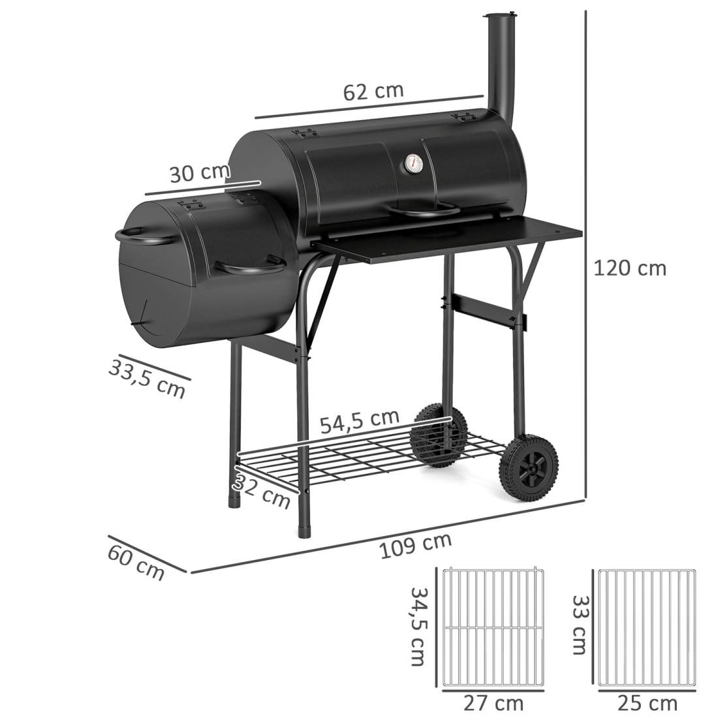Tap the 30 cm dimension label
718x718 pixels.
click(x=200, y=174)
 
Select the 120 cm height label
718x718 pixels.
click(x=629, y=268)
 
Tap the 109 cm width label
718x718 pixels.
click(x=415, y=546)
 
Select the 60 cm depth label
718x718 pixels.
click(x=136, y=561)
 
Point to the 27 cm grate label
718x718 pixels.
click(x=493, y=703)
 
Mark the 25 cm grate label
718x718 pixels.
click(x=647, y=703)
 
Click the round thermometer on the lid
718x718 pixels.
click(x=413, y=163)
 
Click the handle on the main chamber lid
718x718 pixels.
click(x=418, y=211)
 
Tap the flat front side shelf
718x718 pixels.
click(x=450, y=239)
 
